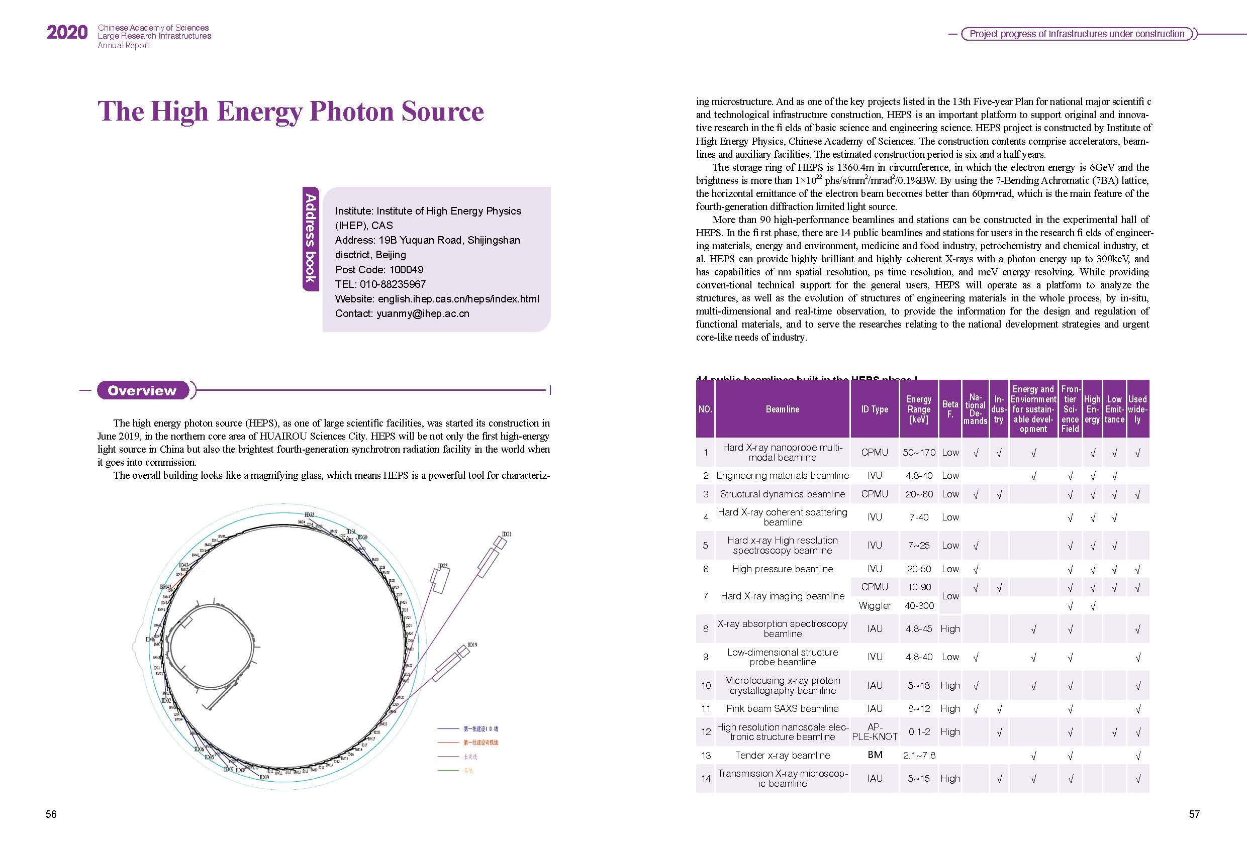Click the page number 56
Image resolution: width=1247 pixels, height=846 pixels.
pos(51,814)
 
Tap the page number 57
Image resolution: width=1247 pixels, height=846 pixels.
pos(1194,814)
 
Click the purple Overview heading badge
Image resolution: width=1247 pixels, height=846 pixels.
pos(142,390)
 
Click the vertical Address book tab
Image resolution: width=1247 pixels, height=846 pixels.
pos(311,238)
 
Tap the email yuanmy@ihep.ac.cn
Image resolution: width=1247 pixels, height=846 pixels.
pos(423,313)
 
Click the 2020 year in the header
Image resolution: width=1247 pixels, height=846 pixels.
pos(66,33)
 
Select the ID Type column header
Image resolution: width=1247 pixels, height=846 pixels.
pos(875,409)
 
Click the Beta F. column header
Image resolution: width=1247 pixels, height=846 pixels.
pos(950,409)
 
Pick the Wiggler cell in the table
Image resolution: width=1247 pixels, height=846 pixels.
pos(875,606)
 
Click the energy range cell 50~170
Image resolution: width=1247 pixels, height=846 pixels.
pos(919,452)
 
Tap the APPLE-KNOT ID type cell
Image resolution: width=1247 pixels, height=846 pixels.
pos(875,732)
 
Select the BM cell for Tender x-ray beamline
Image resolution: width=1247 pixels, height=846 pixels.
pos(875,755)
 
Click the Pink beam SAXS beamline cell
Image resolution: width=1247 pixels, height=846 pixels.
pos(782,709)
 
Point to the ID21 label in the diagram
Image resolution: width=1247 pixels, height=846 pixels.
pos(506,535)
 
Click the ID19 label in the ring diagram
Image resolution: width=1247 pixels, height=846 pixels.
pos(472,645)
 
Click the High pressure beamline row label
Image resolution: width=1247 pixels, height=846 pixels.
pos(782,569)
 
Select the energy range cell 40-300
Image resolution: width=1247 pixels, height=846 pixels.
pos(919,606)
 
